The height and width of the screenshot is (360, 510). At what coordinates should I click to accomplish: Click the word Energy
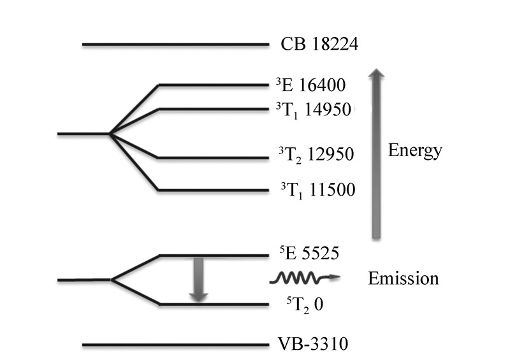[414, 152]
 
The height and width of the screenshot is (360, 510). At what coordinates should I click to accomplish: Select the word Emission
[403, 278]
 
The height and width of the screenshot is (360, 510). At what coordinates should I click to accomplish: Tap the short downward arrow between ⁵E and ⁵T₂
[198, 279]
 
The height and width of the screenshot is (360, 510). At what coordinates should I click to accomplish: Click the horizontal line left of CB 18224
[175, 45]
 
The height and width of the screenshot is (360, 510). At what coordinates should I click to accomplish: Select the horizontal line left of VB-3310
[175, 345]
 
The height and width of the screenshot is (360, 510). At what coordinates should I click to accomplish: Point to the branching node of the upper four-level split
[110, 134]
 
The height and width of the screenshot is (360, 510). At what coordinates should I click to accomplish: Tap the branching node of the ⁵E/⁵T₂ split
[112, 280]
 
